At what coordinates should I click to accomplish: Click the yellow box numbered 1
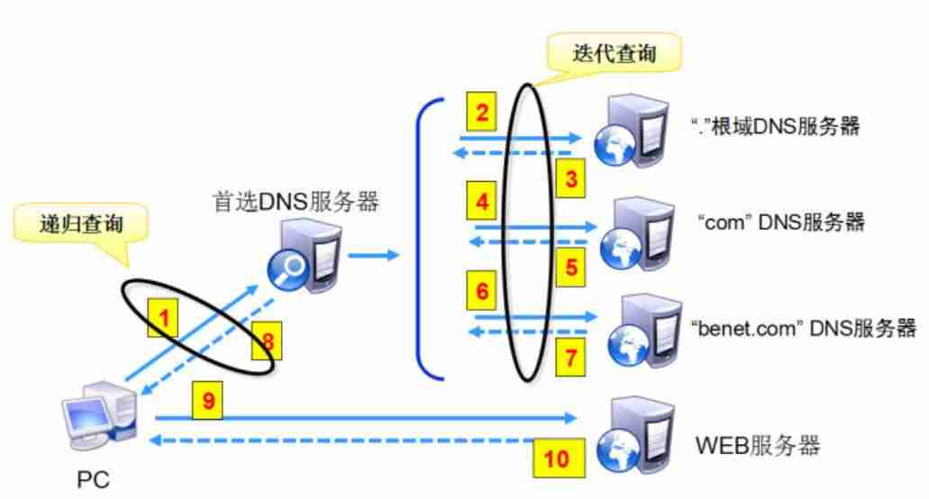[162, 317]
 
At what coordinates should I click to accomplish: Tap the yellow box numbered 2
[482, 112]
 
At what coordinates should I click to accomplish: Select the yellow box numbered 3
[570, 178]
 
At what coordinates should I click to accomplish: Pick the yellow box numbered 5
[570, 267]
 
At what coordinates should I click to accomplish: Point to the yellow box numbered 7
[570, 357]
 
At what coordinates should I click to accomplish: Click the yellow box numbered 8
[267, 340]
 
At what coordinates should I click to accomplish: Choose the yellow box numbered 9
[207, 401]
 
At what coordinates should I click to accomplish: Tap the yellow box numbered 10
[559, 458]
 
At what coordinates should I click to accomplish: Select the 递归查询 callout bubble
[80, 225]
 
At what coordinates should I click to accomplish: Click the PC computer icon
[99, 415]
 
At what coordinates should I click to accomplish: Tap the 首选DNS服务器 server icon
[305, 256]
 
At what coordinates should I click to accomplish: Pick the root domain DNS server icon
[631, 132]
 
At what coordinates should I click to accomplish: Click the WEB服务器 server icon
[635, 436]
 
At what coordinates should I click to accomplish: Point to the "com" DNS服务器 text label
[781, 222]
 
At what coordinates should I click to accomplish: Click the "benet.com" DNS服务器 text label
[803, 328]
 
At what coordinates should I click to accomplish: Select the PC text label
[93, 479]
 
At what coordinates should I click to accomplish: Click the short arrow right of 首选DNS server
[373, 255]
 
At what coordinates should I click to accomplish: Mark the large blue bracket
[418, 237]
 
